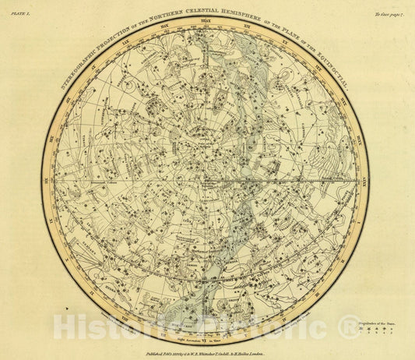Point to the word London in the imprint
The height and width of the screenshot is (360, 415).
tap(262, 351)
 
